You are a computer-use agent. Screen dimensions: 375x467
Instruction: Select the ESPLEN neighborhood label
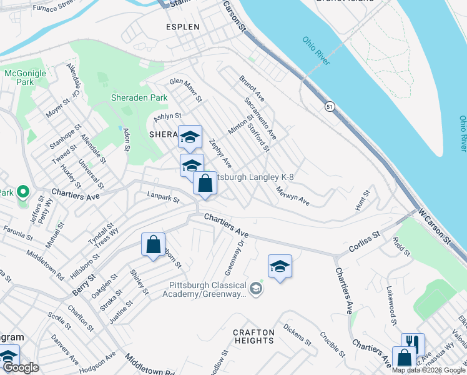pos(182,27)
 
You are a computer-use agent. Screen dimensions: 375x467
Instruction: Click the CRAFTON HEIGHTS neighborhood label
pos(254,336)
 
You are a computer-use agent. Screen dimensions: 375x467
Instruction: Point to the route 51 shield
pos(329,107)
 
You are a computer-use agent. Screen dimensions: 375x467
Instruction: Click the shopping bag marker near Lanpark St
pos(205,183)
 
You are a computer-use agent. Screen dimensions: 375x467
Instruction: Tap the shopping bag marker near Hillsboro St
pos(153,244)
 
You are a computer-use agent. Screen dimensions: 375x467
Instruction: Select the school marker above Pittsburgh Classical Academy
pos(280,266)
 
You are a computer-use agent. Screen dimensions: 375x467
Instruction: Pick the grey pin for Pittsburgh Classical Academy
pos(255,289)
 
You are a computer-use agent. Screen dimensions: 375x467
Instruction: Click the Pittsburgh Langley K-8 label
pos(254,177)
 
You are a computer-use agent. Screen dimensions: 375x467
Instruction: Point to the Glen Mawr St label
pos(186,90)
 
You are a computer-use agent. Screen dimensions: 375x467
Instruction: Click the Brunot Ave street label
pos(252,88)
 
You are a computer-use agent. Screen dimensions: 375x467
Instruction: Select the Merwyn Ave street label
pos(293,196)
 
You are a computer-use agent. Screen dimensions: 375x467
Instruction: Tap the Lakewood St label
pos(391,306)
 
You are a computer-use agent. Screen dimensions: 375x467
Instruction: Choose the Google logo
pos(21,368)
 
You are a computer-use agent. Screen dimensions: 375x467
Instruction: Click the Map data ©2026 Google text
pos(428,370)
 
